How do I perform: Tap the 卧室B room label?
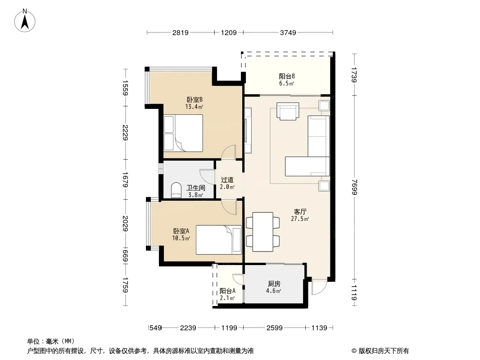pyautogui.click(x=195, y=100)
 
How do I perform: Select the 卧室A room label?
pyautogui.click(x=181, y=231)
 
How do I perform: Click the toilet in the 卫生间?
pyautogui.click(x=176, y=190)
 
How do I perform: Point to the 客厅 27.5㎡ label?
pyautogui.click(x=300, y=215)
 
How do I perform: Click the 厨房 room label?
pyautogui.click(x=274, y=284)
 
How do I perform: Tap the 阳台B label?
pyautogui.click(x=286, y=76)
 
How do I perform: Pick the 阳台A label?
pyautogui.click(x=227, y=291)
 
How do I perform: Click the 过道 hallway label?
pyautogui.click(x=227, y=180)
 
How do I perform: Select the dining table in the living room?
pyautogui.click(x=263, y=232)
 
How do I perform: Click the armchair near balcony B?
pyautogui.click(x=288, y=111)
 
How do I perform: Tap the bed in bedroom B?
pyautogui.click(x=183, y=133)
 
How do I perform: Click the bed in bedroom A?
pyautogui.click(x=218, y=240)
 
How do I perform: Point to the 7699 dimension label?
pyautogui.click(x=354, y=187)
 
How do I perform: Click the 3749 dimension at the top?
pyautogui.click(x=288, y=32)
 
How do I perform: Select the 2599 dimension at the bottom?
pyautogui.click(x=274, y=328)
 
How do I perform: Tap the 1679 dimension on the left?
pyautogui.click(x=125, y=180)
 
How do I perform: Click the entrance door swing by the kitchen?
pyautogui.click(x=319, y=287)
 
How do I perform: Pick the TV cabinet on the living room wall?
pyautogui.click(x=248, y=130)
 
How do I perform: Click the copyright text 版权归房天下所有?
pyautogui.click(x=384, y=351)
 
